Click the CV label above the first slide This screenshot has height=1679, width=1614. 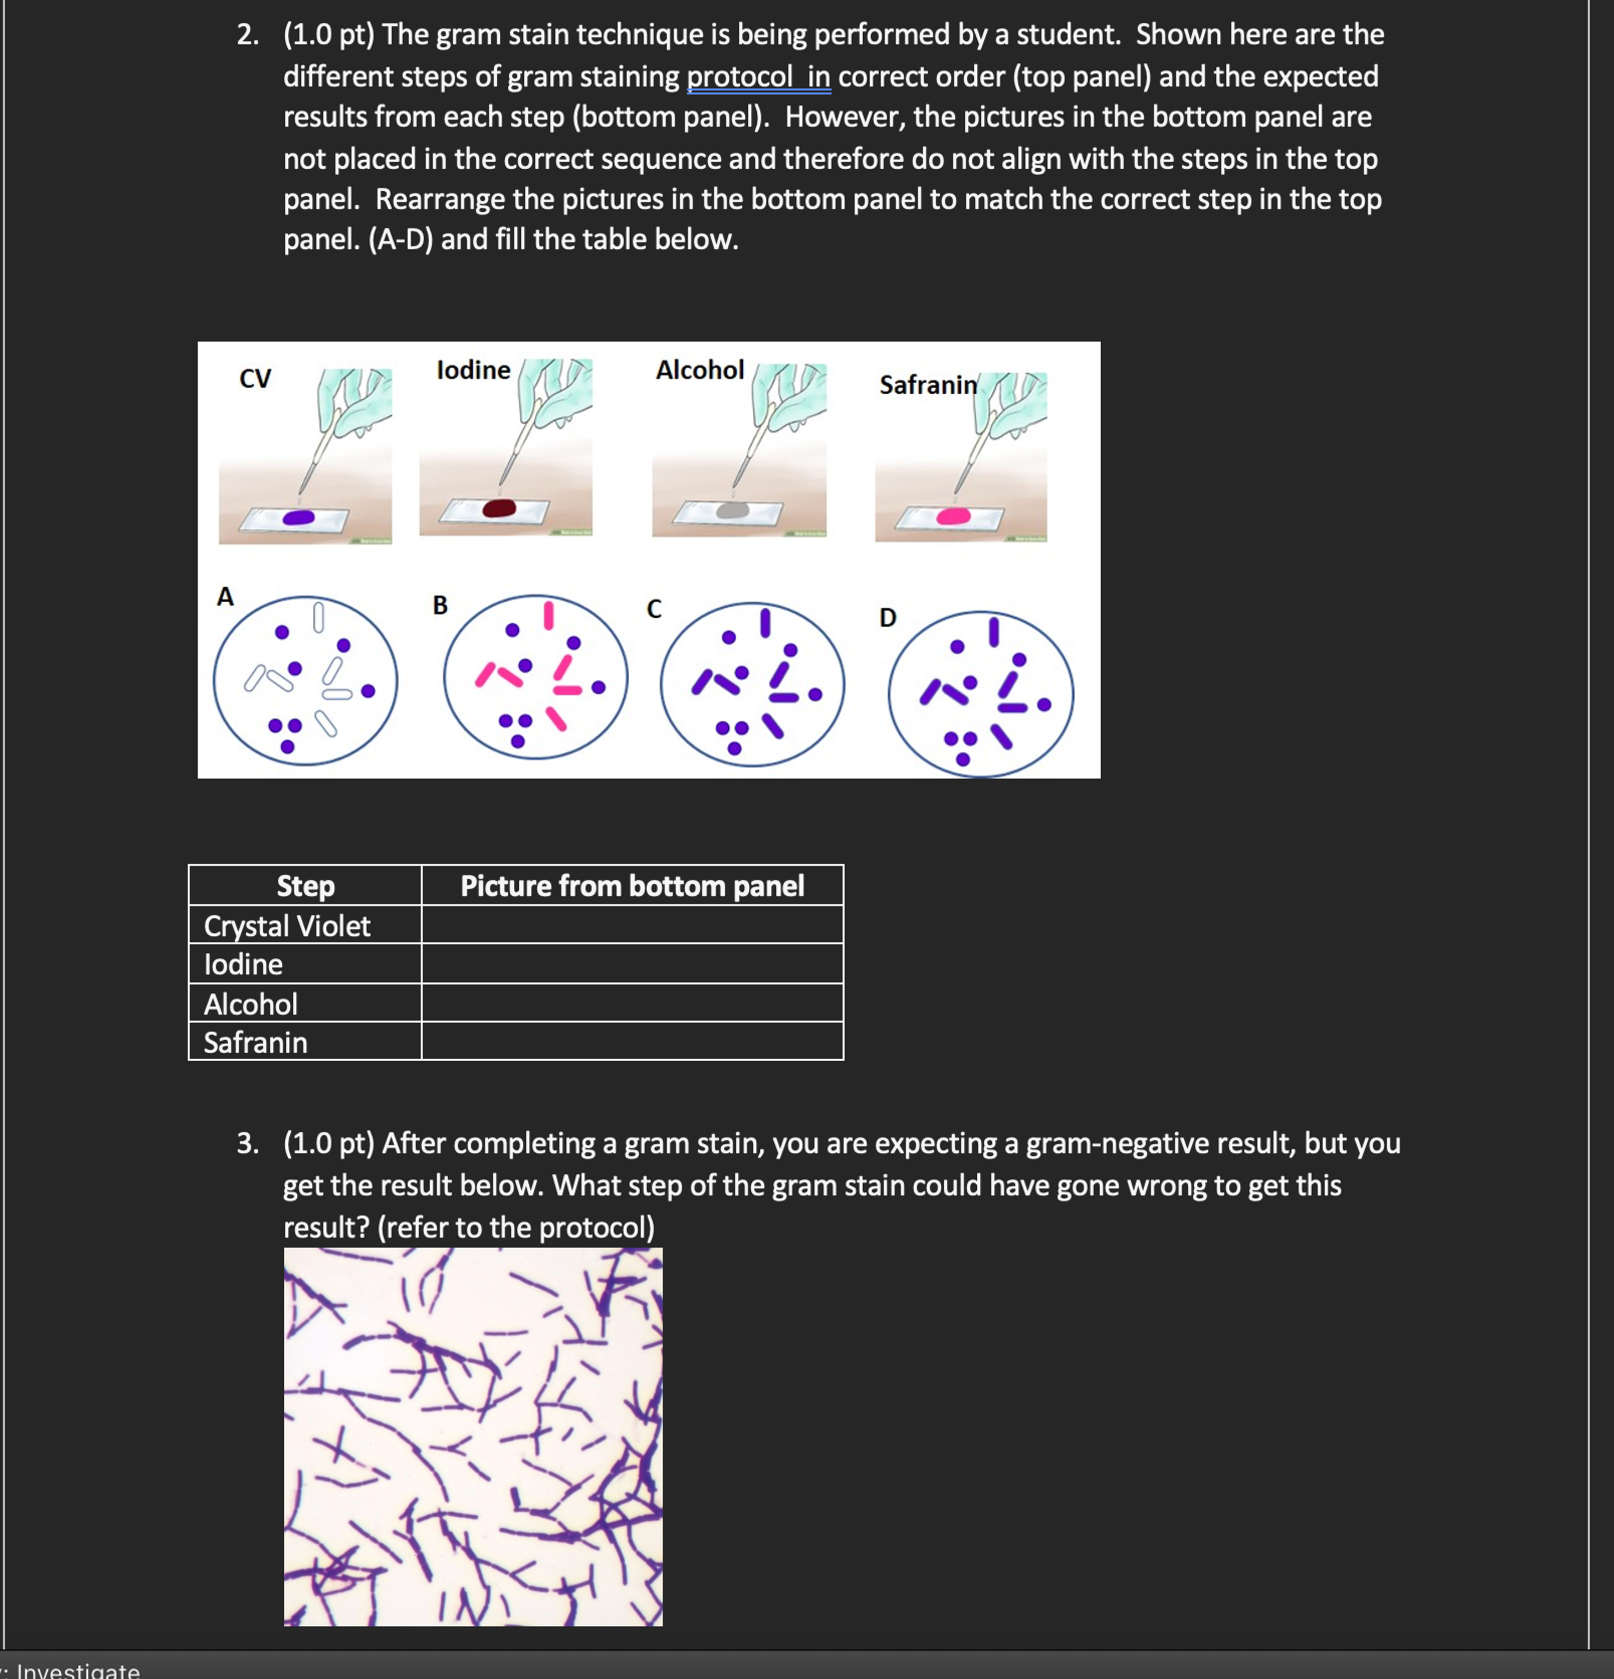coord(255,378)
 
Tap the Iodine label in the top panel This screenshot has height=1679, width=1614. coord(473,370)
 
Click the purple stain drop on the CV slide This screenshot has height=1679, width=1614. coord(298,517)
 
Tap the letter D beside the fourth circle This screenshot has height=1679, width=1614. coord(887,618)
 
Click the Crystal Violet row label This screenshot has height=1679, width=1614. coord(287,926)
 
